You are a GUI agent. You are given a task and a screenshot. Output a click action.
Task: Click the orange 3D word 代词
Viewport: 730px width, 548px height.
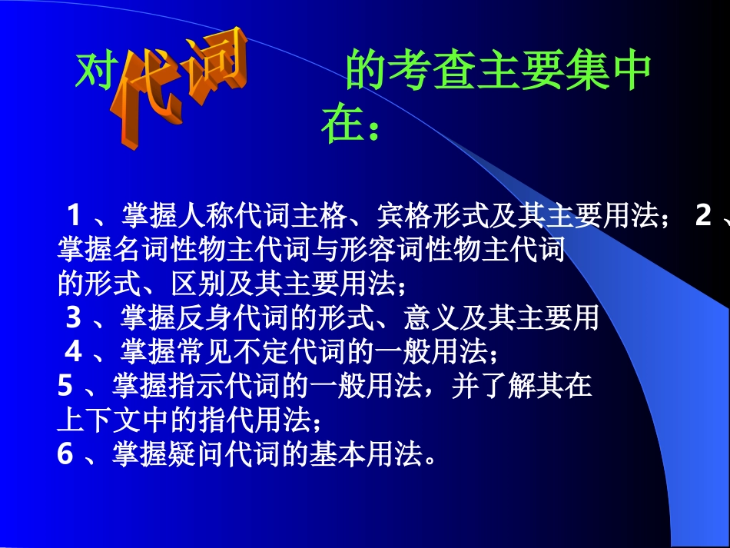click(181, 85)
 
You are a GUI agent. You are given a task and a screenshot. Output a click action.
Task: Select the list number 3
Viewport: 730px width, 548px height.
click(74, 316)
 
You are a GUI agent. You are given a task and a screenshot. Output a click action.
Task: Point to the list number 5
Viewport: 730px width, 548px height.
click(66, 384)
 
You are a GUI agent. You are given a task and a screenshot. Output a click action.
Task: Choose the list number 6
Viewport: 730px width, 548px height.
click(66, 455)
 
